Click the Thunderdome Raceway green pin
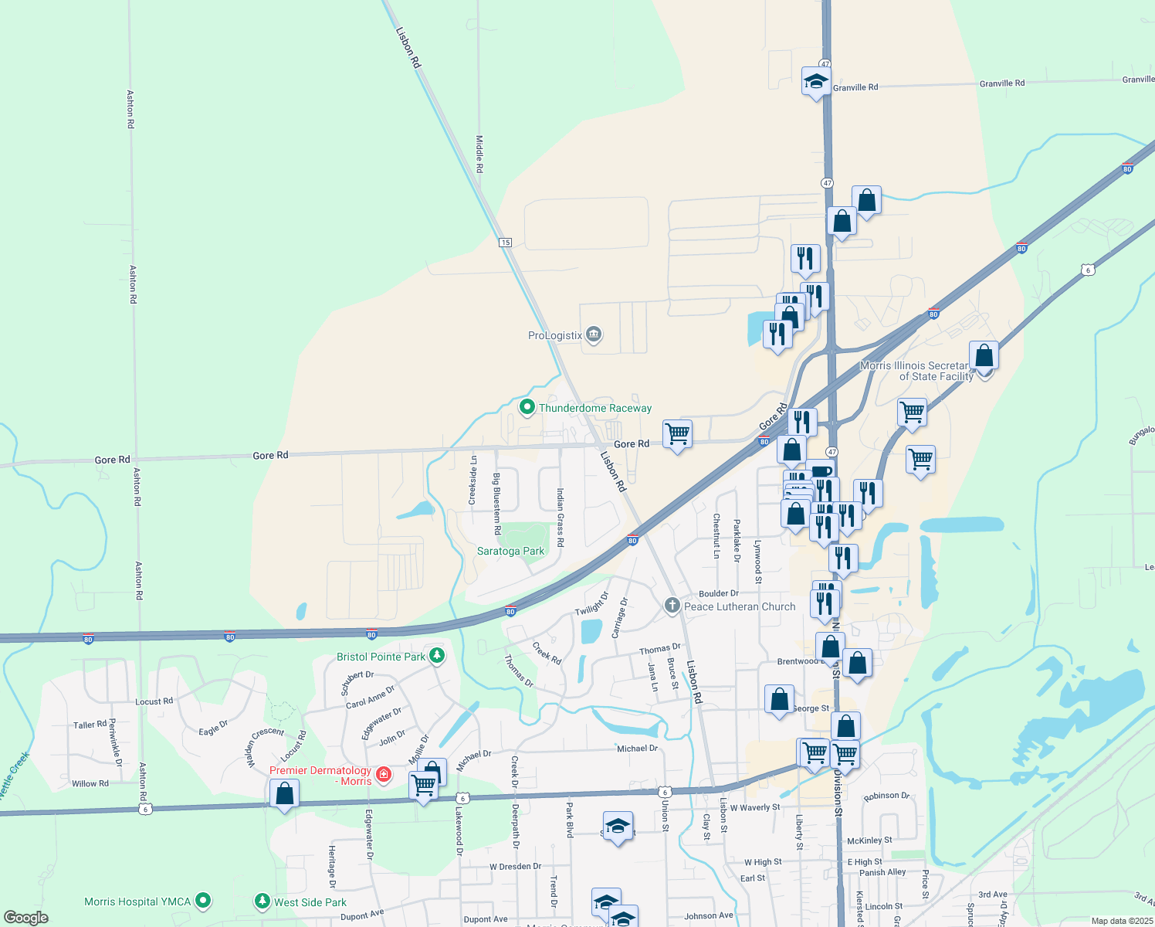[527, 406]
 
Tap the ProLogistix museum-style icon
[594, 334]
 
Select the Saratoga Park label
[510, 551]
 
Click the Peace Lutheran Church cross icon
[672, 606]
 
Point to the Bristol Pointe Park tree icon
[437, 656]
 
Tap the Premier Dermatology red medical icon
[383, 774]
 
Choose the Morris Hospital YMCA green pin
[203, 901]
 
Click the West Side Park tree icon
[262, 902]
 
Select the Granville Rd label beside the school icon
[855, 87]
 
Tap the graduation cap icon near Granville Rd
[816, 80]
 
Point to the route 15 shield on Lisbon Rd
[505, 243]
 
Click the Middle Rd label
[479, 154]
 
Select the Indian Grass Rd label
[561, 517]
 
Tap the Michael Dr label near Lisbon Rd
[637, 749]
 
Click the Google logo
[26, 918]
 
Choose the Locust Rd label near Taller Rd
[154, 701]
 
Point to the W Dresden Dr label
[515, 867]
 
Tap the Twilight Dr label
[592, 604]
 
